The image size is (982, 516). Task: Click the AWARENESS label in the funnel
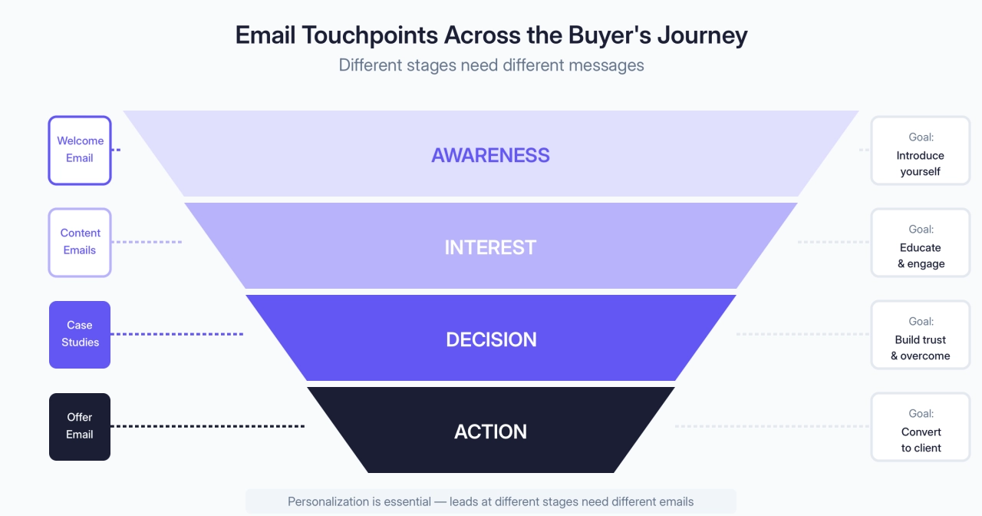(490, 155)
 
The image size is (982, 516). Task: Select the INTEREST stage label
(490, 247)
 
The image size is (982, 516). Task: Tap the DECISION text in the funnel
(491, 339)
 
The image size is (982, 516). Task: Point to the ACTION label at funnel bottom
(490, 432)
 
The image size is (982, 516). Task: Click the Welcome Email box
(80, 150)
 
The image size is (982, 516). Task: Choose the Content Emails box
(80, 242)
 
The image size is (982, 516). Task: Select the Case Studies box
(80, 334)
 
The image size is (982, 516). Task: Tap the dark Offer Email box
(80, 426)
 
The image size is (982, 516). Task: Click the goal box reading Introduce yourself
(920, 150)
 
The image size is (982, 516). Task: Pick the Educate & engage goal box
(920, 243)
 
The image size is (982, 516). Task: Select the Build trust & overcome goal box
(920, 335)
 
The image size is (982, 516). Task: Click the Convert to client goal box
(920, 427)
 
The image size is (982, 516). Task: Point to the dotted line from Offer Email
(207, 426)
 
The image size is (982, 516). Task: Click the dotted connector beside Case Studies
(176, 334)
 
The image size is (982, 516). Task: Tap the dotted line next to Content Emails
(147, 242)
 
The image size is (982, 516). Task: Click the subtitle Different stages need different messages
(491, 65)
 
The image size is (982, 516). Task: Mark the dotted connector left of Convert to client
(771, 426)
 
